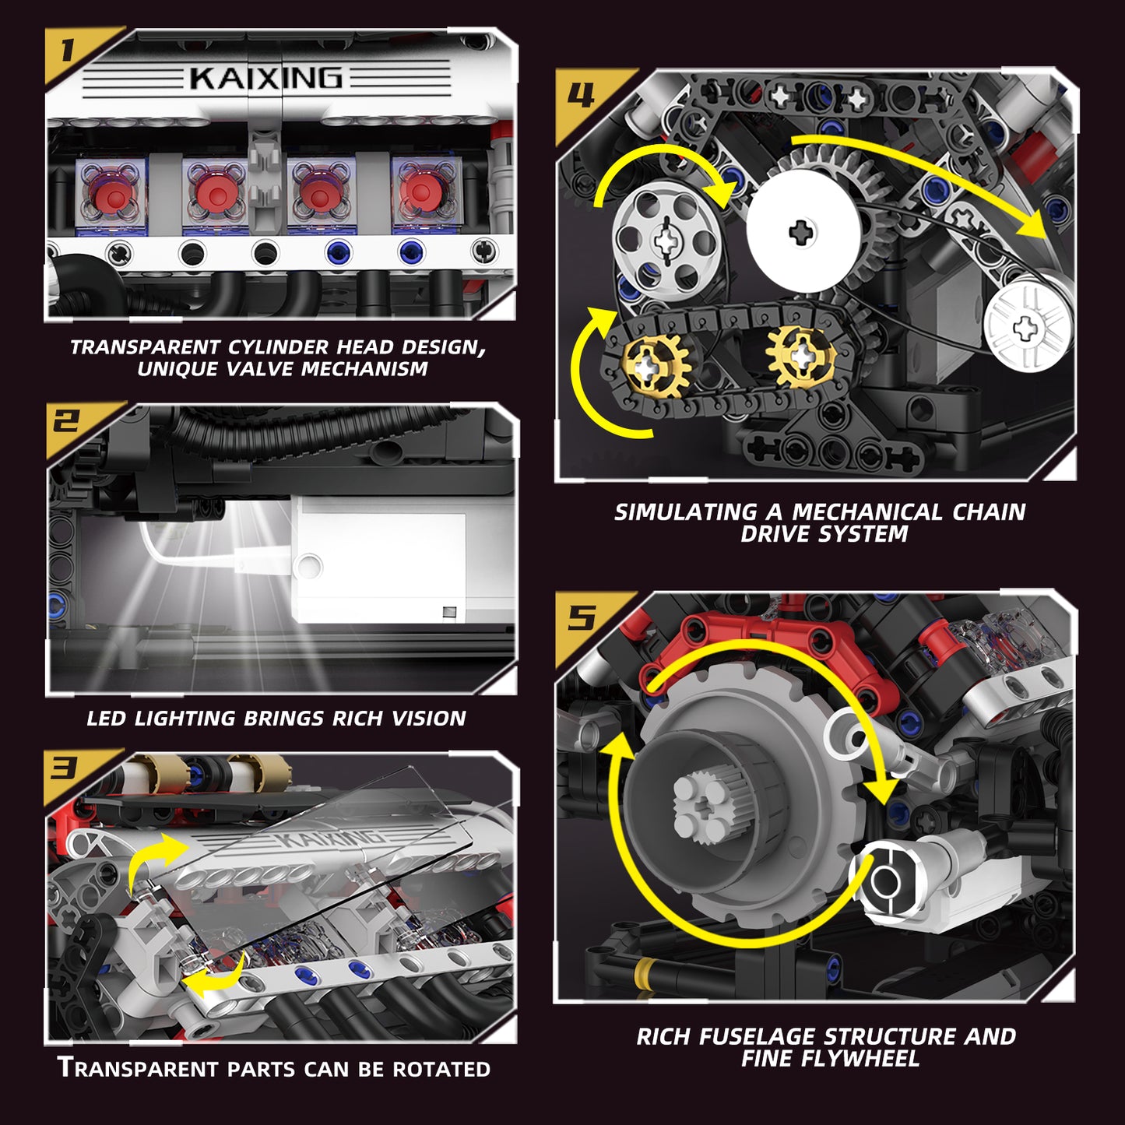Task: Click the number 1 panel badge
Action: click(69, 51)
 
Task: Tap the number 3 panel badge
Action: click(66, 769)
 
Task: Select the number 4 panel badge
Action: click(582, 95)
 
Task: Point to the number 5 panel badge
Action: click(582, 618)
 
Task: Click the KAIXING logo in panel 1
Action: click(265, 78)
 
